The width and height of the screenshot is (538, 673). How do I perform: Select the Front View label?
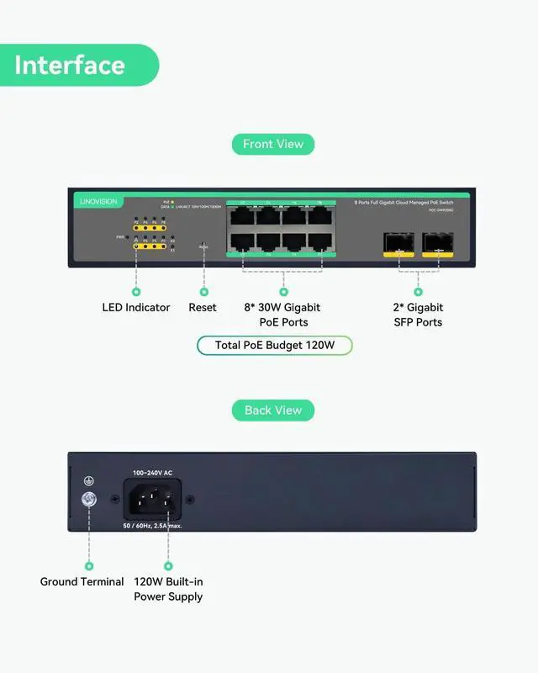click(273, 144)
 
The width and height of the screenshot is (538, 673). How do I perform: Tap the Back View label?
click(273, 411)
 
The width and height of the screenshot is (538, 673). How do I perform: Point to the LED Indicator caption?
click(136, 308)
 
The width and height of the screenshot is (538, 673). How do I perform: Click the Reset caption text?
click(203, 308)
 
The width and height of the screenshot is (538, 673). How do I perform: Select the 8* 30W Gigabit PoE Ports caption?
click(282, 315)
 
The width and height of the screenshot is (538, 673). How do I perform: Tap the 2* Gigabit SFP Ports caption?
click(418, 315)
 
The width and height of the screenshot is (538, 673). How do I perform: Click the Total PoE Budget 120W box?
click(275, 345)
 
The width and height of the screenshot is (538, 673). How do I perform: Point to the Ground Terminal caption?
click(82, 582)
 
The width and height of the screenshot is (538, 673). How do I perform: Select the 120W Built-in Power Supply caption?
click(168, 589)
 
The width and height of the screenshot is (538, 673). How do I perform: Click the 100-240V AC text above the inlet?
click(153, 474)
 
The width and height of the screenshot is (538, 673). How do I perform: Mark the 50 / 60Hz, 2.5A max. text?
click(154, 525)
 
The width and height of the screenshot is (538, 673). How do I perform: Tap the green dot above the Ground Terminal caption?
click(88, 567)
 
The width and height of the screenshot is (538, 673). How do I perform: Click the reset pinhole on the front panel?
click(203, 248)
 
